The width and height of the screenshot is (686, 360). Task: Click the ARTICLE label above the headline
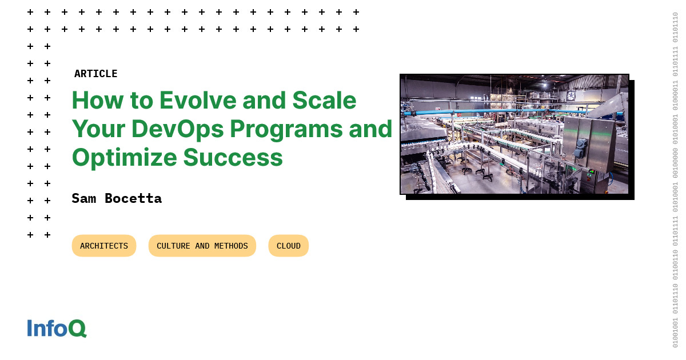tap(95, 74)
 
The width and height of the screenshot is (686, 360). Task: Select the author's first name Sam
tap(84, 198)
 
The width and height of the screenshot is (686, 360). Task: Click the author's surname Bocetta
tap(133, 198)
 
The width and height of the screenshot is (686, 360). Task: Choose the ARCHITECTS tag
tap(104, 246)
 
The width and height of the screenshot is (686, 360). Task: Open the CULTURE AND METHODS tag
tap(202, 246)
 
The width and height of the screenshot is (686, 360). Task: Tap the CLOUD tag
tap(289, 246)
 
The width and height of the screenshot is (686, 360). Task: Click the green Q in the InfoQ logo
tap(77, 329)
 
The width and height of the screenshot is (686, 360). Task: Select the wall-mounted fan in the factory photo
tap(571, 95)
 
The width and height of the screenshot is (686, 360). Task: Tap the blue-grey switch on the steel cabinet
tap(581, 147)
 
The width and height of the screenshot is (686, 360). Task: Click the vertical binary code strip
tap(675, 180)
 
